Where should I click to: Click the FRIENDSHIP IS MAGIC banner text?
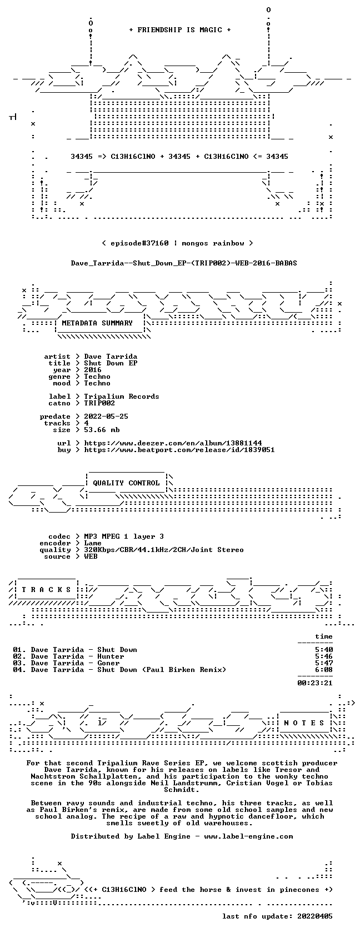point(180,30)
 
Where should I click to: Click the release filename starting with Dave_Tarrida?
point(184,263)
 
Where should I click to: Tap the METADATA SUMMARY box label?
point(97,323)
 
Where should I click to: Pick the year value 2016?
point(92,370)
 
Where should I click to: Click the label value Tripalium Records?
point(122,397)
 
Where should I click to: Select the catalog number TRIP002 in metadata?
point(99,403)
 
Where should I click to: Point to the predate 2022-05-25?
point(106,417)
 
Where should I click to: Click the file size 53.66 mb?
point(102,430)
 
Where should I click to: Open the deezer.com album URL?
point(173,443)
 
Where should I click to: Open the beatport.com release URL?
point(179,450)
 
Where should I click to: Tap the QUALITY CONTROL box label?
point(126,483)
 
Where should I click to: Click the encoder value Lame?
point(92,543)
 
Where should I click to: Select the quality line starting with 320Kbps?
point(164,550)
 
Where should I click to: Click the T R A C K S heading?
point(46,590)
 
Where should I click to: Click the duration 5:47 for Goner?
point(324,663)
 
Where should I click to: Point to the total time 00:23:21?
point(315,683)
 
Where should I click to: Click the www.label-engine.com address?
point(248,836)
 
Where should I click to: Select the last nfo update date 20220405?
point(315,916)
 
